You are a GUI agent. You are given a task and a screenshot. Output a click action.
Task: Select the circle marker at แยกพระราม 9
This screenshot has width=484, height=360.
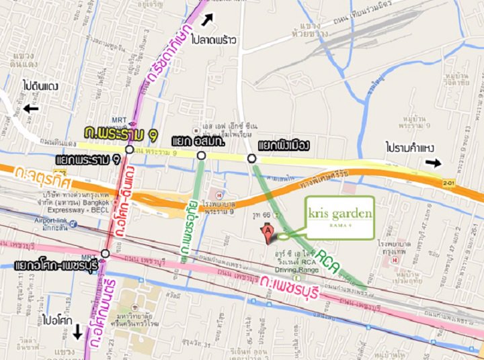[x=129, y=149]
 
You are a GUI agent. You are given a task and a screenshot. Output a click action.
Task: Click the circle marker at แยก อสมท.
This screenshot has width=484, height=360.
[x=201, y=156]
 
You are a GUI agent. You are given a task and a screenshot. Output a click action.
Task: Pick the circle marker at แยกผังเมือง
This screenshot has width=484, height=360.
[x=251, y=159]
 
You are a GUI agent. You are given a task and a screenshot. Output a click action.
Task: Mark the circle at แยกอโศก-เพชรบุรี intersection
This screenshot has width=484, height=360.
[x=105, y=253]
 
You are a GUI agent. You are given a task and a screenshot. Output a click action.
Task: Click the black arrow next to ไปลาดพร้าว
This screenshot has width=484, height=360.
[x=210, y=19]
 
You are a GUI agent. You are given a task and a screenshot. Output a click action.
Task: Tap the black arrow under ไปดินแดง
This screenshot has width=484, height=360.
[x=30, y=107]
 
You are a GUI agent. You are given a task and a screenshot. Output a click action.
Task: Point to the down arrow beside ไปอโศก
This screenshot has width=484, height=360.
[x=77, y=330]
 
